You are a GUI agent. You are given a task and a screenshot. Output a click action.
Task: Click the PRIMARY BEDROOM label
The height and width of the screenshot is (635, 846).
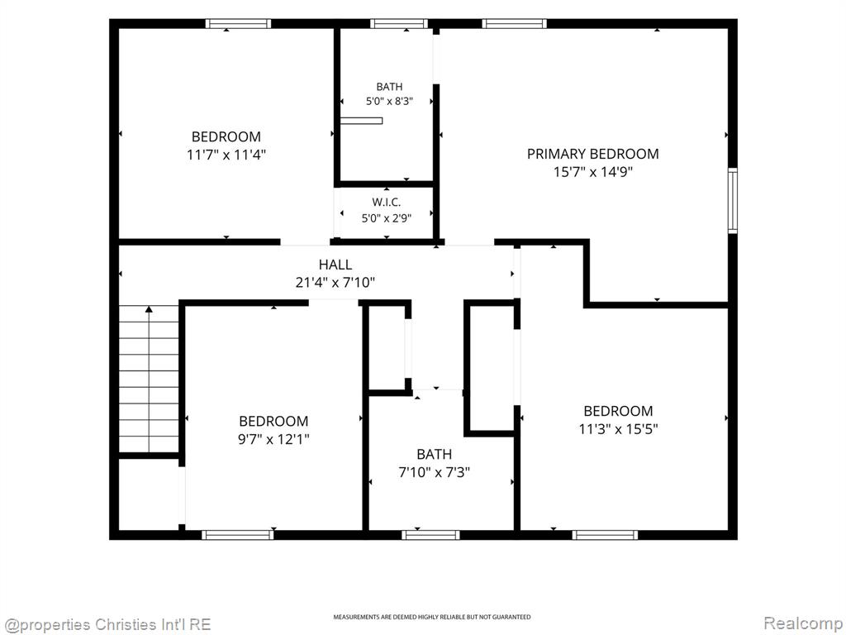(x=592, y=154)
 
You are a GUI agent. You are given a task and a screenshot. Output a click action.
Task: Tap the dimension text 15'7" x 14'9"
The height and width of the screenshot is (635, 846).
(x=592, y=172)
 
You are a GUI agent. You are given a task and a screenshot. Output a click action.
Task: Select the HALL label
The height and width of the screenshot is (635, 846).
(x=335, y=265)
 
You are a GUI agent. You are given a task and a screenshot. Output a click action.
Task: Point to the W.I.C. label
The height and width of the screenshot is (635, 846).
(x=387, y=203)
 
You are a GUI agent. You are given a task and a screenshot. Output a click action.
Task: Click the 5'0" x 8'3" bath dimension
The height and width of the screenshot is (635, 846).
(x=389, y=101)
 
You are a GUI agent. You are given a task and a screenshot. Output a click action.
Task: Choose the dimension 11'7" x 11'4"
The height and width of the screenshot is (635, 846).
(x=226, y=155)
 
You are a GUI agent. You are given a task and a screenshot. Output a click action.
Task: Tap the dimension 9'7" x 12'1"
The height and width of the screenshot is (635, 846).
(x=273, y=439)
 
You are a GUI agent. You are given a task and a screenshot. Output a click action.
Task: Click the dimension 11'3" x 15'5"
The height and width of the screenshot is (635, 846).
(x=618, y=429)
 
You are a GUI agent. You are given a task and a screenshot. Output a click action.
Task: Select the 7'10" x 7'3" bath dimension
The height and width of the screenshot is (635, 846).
(x=434, y=472)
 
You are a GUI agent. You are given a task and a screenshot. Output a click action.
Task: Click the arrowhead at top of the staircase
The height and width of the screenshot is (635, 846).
(x=149, y=309)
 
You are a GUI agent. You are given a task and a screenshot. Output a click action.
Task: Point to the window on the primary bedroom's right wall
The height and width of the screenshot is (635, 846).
(x=733, y=200)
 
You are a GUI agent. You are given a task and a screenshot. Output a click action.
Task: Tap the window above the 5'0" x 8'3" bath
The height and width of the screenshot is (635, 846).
(x=399, y=23)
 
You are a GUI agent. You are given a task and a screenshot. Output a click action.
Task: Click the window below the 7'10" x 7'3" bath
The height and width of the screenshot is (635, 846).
(x=430, y=535)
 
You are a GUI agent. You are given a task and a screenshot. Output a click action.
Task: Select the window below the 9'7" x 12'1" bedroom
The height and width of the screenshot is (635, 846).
(x=237, y=535)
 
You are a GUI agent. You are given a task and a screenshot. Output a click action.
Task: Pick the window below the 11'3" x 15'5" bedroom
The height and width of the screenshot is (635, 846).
(x=605, y=535)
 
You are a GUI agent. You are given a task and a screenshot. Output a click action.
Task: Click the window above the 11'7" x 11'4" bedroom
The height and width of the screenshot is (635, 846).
(x=238, y=23)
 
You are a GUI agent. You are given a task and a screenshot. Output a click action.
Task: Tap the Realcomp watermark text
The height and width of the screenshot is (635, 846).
(x=803, y=623)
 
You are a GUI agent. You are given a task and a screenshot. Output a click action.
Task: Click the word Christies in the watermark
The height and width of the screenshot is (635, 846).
(x=126, y=625)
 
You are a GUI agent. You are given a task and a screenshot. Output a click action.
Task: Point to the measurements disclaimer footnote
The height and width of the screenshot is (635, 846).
(x=431, y=617)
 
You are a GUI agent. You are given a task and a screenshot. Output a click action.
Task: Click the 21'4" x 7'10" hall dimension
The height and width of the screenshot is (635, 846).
(x=335, y=283)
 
